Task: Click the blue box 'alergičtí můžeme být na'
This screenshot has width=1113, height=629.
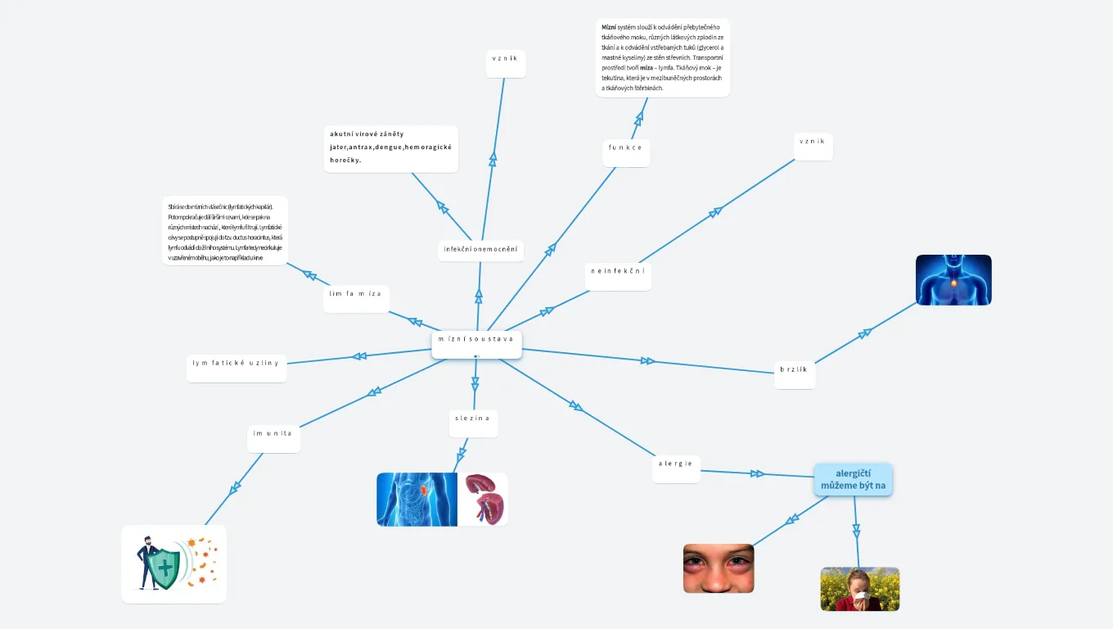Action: click(x=853, y=480)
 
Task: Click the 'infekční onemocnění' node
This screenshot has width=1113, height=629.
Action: click(x=480, y=250)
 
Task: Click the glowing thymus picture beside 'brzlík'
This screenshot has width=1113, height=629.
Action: click(x=953, y=280)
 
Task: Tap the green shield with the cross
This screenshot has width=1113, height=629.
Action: click(x=164, y=565)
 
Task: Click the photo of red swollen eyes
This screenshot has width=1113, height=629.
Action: click(x=718, y=568)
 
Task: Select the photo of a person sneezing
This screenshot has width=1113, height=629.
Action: click(x=859, y=589)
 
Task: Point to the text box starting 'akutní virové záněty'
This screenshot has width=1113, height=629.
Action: click(x=390, y=148)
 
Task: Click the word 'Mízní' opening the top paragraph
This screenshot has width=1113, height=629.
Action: click(x=609, y=27)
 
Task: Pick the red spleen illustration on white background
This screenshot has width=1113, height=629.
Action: click(x=484, y=499)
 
